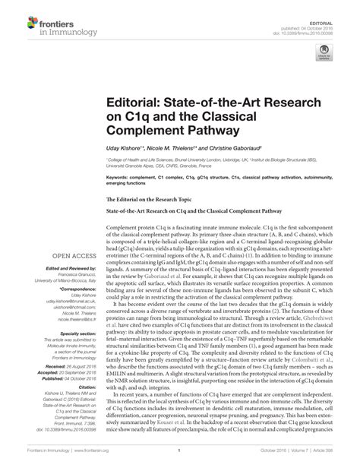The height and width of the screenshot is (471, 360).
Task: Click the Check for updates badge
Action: pyautogui.click(x=325, y=54)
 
